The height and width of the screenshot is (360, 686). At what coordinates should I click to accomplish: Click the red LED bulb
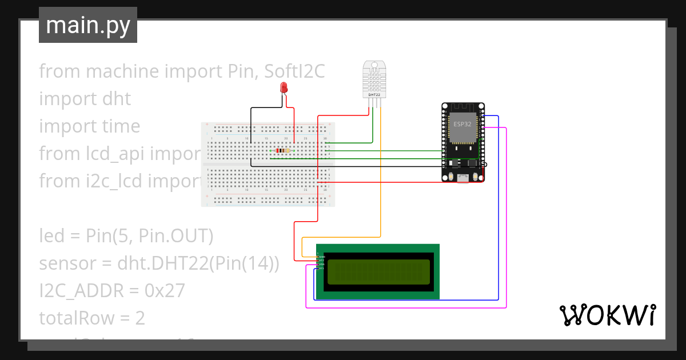tap(284, 87)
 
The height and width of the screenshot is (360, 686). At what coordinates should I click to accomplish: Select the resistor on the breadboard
tap(282, 151)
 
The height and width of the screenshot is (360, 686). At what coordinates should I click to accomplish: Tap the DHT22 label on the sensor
tap(373, 94)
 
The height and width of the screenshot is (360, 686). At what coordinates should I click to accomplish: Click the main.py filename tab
tap(88, 25)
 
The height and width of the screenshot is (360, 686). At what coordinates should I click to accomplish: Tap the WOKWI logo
tap(607, 315)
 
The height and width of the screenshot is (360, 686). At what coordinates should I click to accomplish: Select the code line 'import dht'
tap(85, 99)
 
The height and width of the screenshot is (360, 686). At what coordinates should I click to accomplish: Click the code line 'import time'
tap(89, 126)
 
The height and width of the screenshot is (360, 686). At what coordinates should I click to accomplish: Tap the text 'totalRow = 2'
tap(91, 318)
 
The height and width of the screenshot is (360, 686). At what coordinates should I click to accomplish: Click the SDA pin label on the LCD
tap(321, 265)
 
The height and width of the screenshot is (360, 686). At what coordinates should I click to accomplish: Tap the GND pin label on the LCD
tap(321, 257)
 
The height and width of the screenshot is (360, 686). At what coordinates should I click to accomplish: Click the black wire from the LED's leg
tap(251, 131)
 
